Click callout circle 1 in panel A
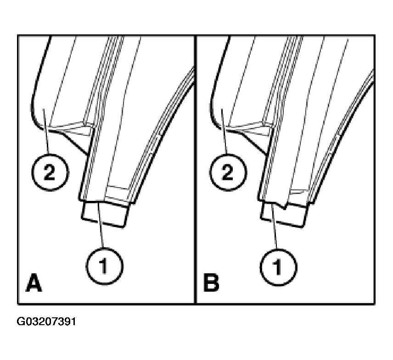[105, 266]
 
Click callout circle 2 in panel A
[50, 172]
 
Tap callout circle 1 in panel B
[278, 267]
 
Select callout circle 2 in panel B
[228, 172]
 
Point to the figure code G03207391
[46, 321]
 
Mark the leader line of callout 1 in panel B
[275, 227]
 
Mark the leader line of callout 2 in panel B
[224, 131]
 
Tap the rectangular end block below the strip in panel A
[105, 212]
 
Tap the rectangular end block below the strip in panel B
[284, 214]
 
